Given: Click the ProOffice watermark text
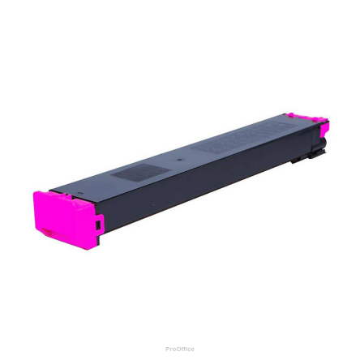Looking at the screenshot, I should pyautogui.click(x=180, y=349).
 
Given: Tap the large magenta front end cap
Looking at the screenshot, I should pyautogui.click(x=61, y=217).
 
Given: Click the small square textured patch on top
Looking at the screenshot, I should pyautogui.click(x=129, y=174).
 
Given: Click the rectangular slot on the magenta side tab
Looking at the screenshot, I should pyautogui.click(x=99, y=223).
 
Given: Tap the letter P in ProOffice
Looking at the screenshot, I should pyautogui.click(x=167, y=349).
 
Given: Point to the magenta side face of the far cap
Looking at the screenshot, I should pyautogui.click(x=324, y=130).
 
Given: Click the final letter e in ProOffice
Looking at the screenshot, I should pyautogui.click(x=193, y=349).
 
